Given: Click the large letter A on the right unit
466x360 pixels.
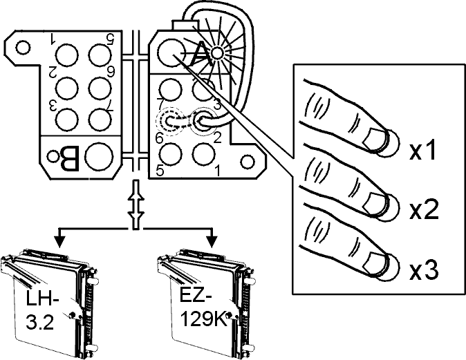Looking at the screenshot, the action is coord(201,55).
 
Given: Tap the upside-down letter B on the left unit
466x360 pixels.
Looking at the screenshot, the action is coord(70,159).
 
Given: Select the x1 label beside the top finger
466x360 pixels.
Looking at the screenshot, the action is coord(422,151).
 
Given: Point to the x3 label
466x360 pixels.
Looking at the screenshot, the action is coord(423,270).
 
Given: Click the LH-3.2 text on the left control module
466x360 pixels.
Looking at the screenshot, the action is coord(41,310).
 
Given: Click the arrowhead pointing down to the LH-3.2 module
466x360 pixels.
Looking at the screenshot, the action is coord(60,242).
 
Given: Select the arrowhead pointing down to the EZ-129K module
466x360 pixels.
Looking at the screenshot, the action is coord(212,242).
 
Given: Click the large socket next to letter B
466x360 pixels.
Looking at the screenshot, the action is coord(99,157).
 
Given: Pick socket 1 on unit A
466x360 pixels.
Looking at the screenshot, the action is coord(203,154).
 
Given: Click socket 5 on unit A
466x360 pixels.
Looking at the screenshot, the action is coord(171,154).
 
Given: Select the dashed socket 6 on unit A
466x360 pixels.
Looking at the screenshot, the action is coord(169,122).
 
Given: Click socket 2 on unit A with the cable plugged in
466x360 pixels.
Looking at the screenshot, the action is coord(203,121).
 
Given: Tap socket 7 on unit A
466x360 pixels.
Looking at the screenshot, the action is coord(170,89).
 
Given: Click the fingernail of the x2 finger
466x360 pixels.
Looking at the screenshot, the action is coord(375,203).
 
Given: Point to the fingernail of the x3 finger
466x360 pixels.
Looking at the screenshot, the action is coord(375,263).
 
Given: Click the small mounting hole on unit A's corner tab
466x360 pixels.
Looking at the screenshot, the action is coord(248,162).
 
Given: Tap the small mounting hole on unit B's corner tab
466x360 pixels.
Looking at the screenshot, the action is coord(23,47).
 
